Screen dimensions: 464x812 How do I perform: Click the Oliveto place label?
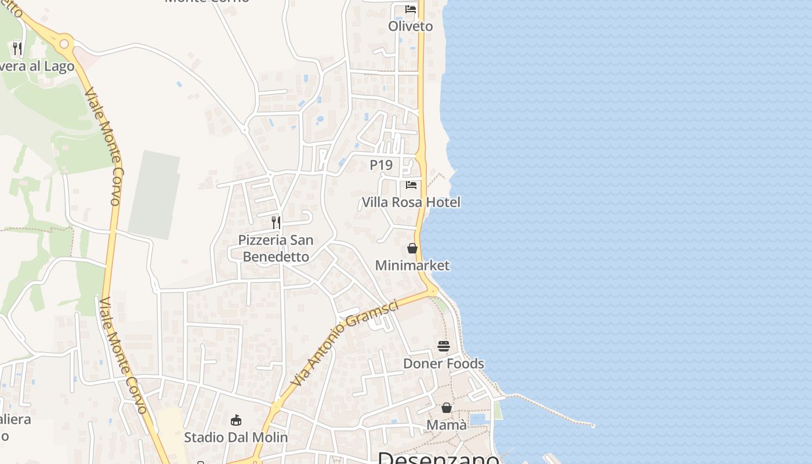pos(411,26)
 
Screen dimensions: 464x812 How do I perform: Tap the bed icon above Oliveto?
pos(411,9)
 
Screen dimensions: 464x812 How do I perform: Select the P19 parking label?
pos(381,165)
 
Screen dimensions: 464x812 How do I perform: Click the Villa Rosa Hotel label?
pos(411,202)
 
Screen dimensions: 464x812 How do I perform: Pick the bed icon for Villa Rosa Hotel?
pos(411,185)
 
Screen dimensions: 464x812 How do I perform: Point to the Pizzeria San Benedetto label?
pos(275,248)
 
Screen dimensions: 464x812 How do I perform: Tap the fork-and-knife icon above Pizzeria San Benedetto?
pos(276,222)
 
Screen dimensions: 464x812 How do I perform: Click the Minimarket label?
pos(412,265)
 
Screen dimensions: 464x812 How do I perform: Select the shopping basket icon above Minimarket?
pos(412,248)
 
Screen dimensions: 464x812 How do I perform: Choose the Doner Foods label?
pos(444,363)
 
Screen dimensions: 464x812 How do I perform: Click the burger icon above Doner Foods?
pos(444,346)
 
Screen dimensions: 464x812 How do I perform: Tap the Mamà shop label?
pos(447,425)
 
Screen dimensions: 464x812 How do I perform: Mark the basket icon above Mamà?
pos(447,408)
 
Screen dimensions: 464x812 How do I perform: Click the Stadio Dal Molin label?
pos(235,437)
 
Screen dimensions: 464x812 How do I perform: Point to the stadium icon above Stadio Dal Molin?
pos(235,420)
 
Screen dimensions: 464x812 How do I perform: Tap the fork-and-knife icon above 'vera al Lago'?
pos(17,48)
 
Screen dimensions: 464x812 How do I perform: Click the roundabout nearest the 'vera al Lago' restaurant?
pos(64,43)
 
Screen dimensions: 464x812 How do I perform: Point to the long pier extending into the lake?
pos(551,411)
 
